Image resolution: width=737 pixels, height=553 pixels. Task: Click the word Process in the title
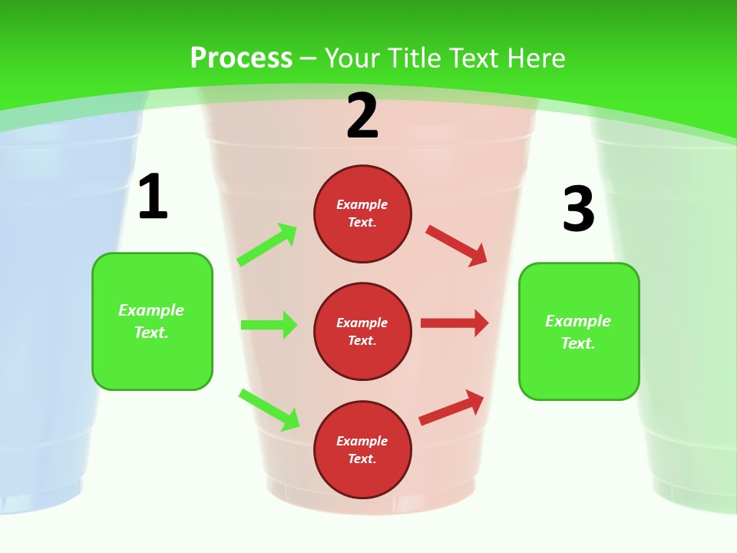(241, 58)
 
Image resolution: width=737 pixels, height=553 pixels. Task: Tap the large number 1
(153, 197)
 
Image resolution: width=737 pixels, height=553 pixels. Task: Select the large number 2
(362, 116)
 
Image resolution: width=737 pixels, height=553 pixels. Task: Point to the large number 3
(578, 209)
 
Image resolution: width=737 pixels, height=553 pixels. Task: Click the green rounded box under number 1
(152, 321)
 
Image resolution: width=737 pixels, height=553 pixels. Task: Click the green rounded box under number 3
(579, 332)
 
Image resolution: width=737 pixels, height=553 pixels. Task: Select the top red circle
(362, 214)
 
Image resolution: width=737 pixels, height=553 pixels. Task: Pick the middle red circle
(362, 331)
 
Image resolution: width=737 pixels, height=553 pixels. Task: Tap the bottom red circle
(362, 449)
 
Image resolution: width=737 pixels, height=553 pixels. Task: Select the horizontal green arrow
(269, 325)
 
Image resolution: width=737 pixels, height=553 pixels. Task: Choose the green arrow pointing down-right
(269, 410)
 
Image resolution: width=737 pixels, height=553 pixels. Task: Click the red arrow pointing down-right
(457, 245)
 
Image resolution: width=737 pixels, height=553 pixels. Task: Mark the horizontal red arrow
(454, 323)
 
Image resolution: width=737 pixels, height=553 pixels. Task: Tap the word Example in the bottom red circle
(362, 441)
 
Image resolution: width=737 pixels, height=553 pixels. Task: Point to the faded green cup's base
(695, 492)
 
